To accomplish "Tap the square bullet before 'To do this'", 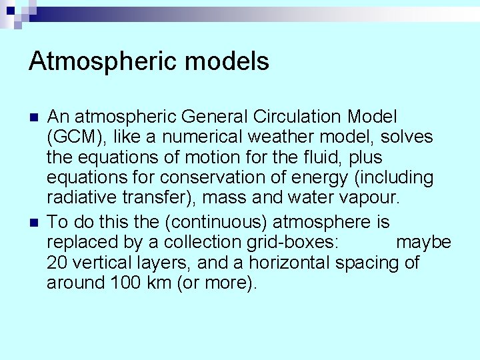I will point(35,222).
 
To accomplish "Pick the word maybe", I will point(423,242).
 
